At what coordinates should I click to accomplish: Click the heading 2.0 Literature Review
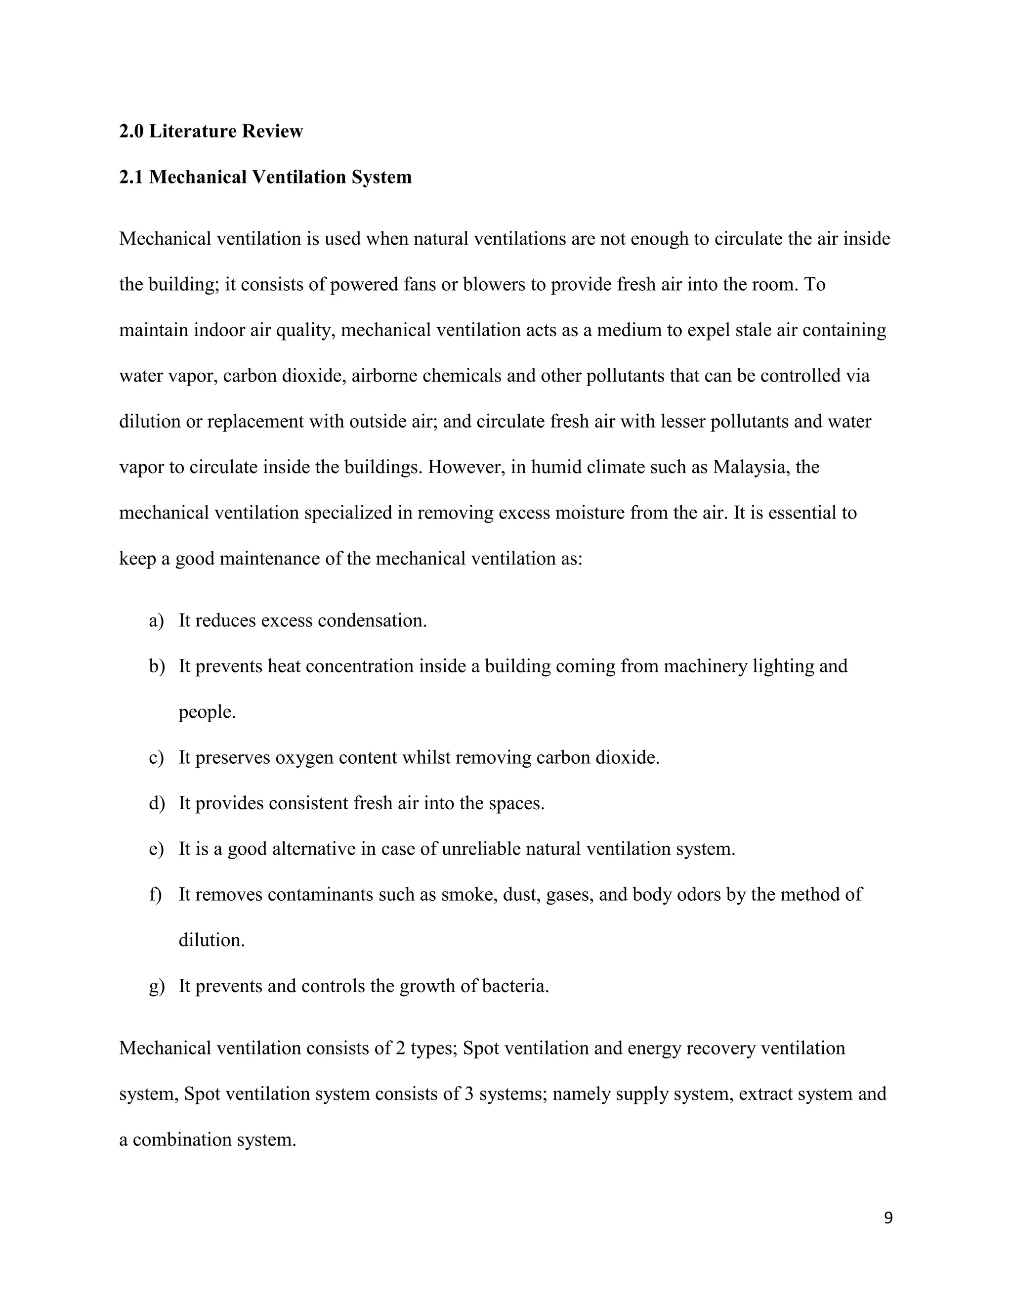[211, 131]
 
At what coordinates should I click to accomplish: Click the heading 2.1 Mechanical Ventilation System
[265, 177]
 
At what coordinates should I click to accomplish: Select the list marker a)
[156, 621]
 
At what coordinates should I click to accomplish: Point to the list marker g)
[156, 986]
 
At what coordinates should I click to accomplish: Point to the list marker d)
[156, 804]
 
